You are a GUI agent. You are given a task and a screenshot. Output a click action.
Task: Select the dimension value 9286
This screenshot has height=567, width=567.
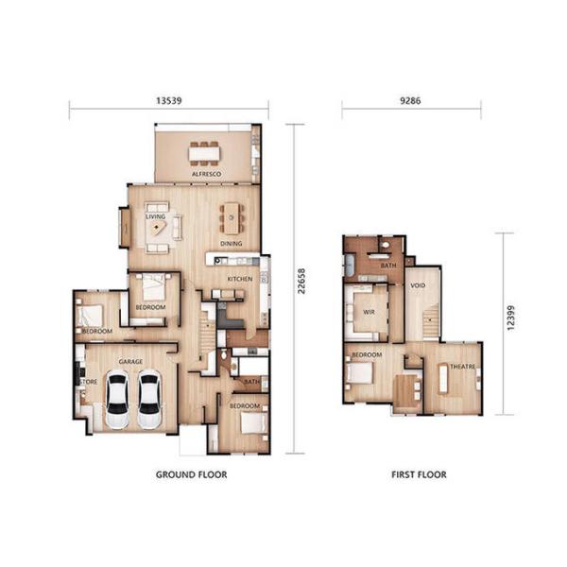click(411, 97)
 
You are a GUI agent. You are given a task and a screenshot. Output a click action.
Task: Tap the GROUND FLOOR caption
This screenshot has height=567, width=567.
click(191, 474)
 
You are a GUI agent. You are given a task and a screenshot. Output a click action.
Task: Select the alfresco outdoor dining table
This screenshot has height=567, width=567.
click(203, 153)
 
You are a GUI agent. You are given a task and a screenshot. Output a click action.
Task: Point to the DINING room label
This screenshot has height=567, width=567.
click(232, 244)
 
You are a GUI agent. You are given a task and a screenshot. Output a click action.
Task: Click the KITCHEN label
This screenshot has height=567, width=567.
click(239, 279)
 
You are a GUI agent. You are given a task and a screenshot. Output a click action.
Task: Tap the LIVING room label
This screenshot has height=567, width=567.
click(155, 216)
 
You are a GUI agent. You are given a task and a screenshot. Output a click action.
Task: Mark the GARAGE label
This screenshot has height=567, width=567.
click(129, 362)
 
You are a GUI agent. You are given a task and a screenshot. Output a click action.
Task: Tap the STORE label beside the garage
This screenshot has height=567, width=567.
click(89, 382)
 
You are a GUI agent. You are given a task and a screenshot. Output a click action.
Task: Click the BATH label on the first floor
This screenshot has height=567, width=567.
click(388, 266)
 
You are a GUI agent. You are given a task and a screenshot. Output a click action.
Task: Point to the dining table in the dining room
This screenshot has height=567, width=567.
click(232, 219)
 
